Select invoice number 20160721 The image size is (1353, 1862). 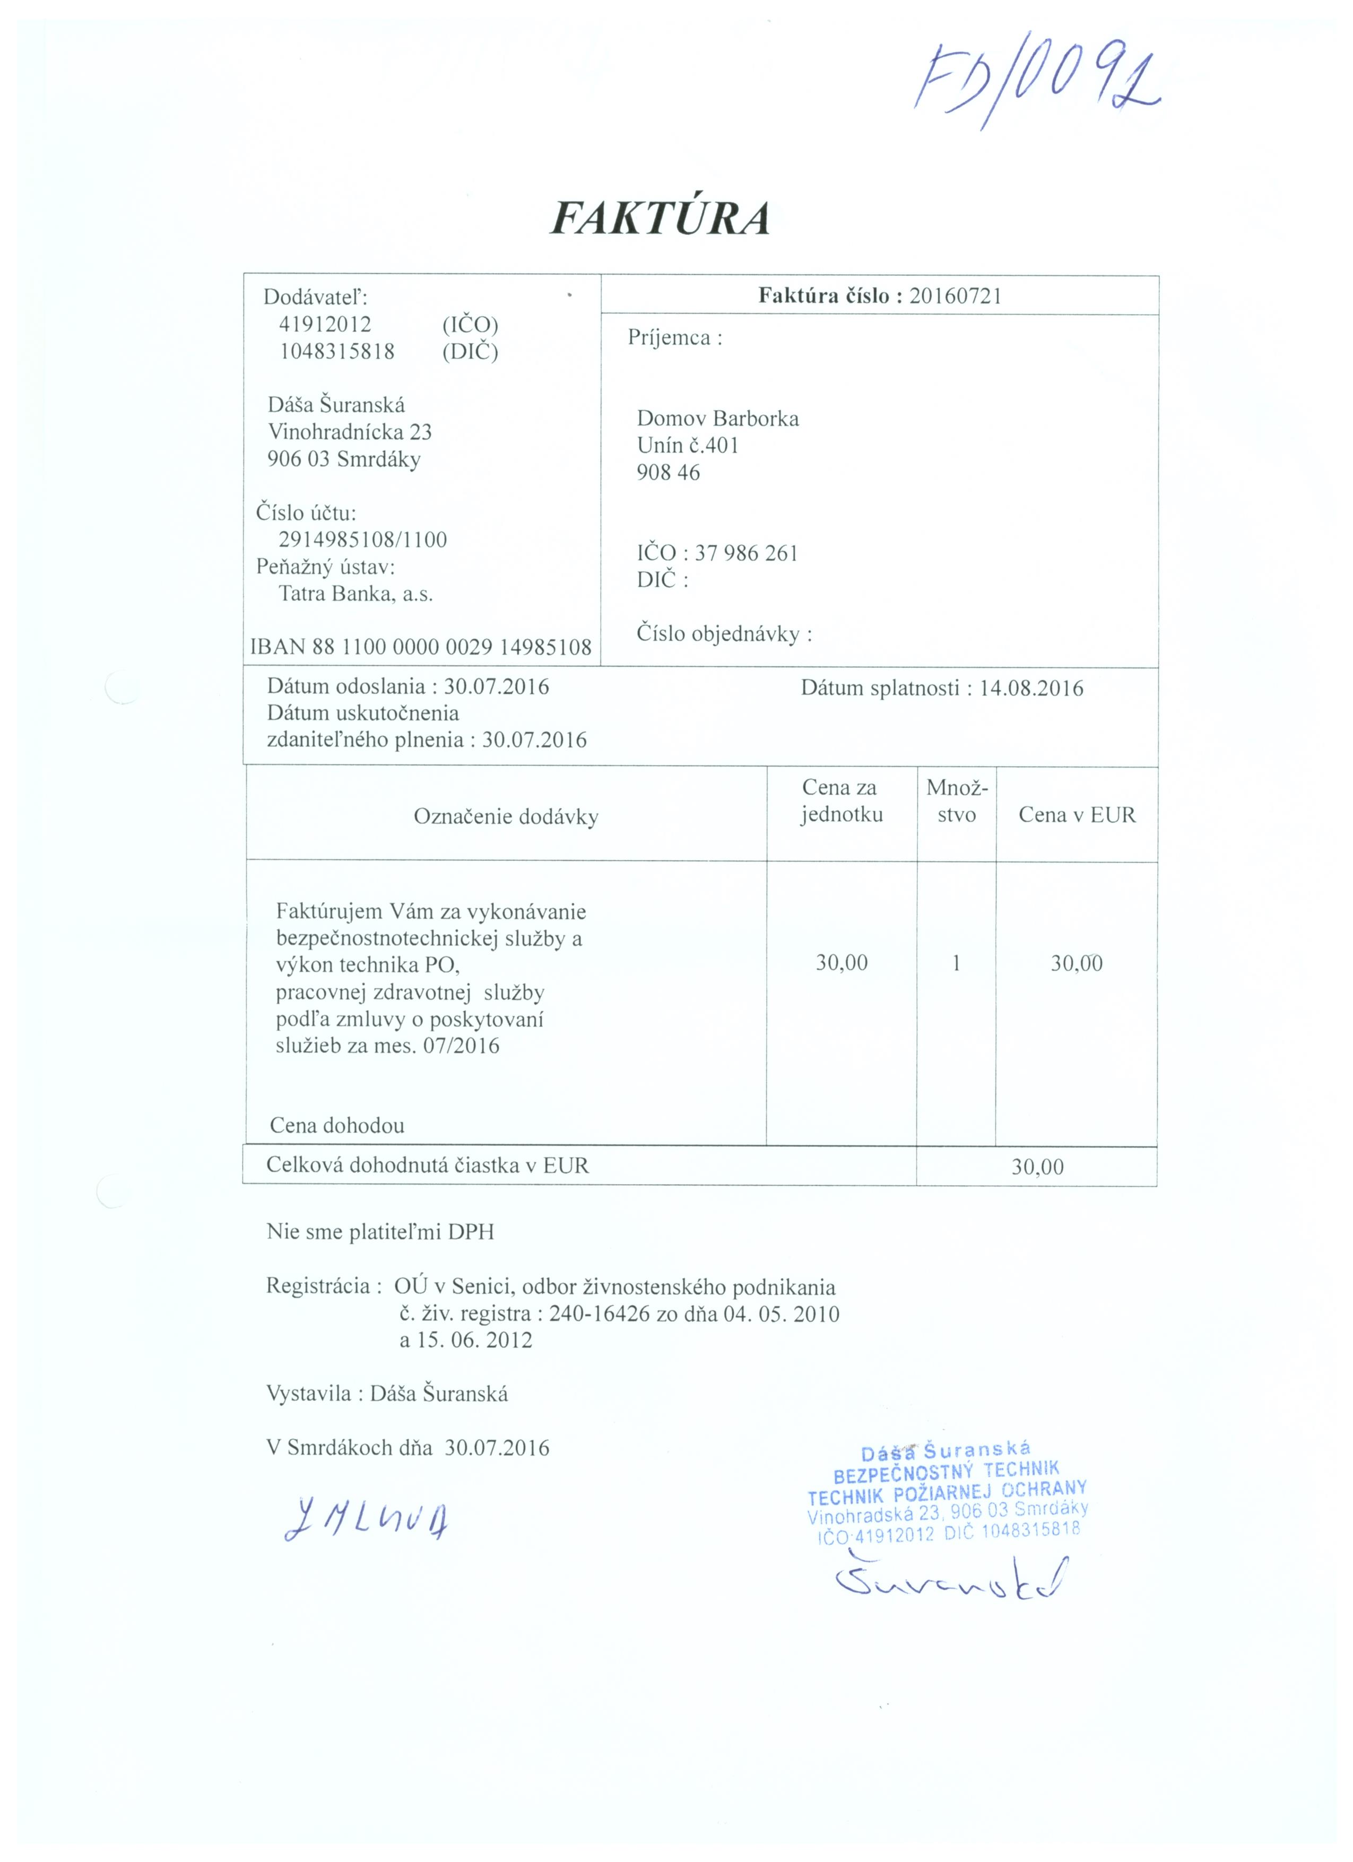pyautogui.click(x=955, y=295)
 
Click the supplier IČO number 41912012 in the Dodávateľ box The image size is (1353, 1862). pyautogui.click(x=325, y=324)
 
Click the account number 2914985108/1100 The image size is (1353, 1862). pyautogui.click(x=363, y=540)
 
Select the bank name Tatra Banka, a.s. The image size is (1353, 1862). pyautogui.click(x=355, y=594)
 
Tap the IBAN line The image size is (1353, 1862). pyautogui.click(x=420, y=647)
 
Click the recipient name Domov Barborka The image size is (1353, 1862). pyautogui.click(x=717, y=419)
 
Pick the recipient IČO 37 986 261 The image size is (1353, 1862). pyautogui.click(x=747, y=553)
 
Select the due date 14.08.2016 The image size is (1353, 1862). pyautogui.click(x=1031, y=688)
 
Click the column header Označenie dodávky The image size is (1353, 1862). pyautogui.click(x=506, y=817)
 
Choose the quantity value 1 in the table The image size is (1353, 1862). pyautogui.click(x=956, y=963)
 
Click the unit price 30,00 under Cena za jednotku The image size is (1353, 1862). pyautogui.click(x=842, y=963)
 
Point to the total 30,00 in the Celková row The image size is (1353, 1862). pyautogui.click(x=1037, y=1167)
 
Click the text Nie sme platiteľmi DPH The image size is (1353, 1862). pyautogui.click(x=380, y=1231)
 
